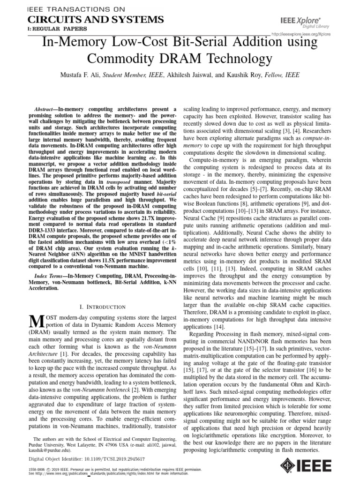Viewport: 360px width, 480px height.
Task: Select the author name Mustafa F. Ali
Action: point(76,75)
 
